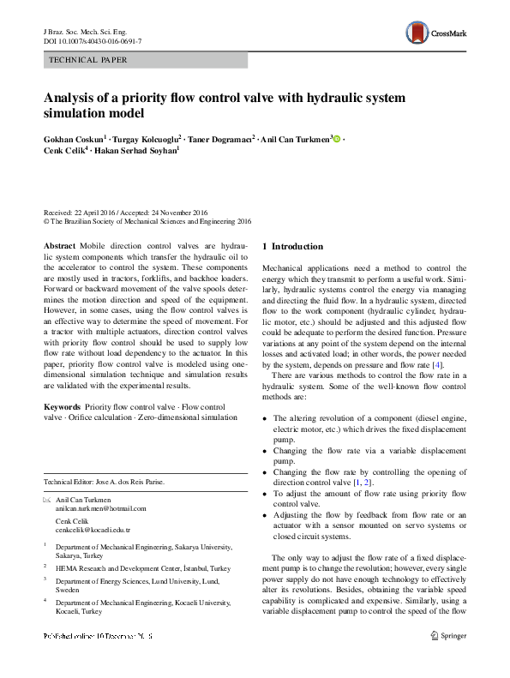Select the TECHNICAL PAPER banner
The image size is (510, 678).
145,60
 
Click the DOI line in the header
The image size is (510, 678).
93,41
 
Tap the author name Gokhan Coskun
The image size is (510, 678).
75,138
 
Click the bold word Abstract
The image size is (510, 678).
59,246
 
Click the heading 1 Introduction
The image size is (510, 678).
292,246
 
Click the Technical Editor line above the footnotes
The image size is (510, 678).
104,482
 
